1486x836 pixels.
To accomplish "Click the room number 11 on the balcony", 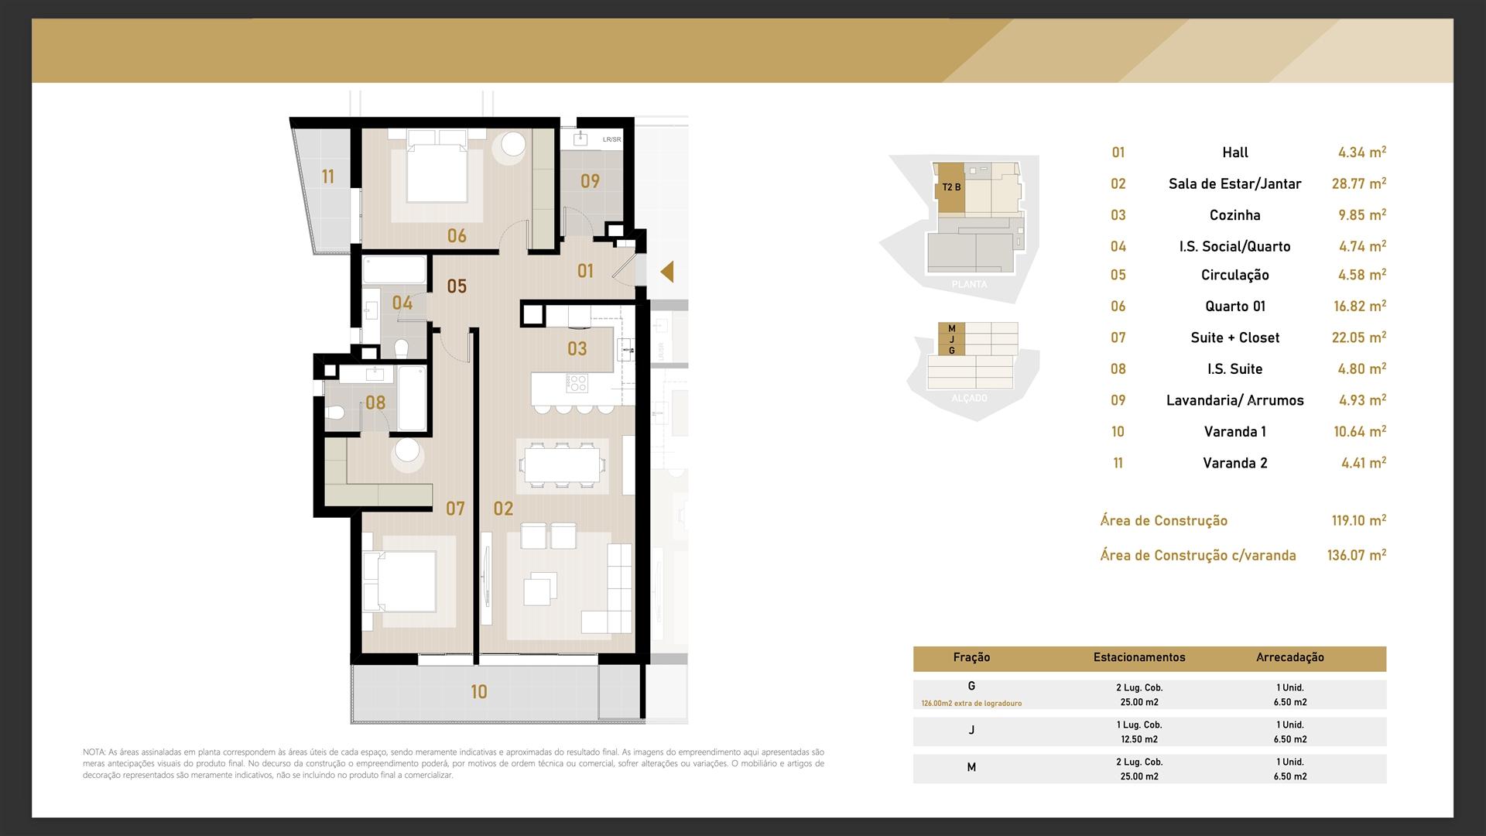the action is pos(328,177).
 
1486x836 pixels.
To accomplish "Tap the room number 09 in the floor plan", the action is pos(590,181).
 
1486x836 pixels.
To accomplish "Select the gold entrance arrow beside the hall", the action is pos(666,272).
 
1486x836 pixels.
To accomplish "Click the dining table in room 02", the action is pos(562,466).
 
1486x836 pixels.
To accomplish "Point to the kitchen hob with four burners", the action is pos(577,382).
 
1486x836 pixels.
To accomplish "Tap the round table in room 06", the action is pos(512,146).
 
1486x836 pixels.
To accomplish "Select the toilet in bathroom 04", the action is pos(402,348).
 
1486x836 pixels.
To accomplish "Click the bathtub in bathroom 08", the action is pos(412,398).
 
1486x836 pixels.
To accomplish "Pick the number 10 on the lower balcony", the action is pos(479,692).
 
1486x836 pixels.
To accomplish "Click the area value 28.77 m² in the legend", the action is pos(1359,183).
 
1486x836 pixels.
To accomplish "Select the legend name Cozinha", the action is pos(1235,215).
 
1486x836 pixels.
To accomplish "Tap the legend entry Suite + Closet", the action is pos(1235,337).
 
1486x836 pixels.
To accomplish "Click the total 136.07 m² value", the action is pos(1357,555).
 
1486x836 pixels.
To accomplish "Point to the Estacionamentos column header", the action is pos(1139,657).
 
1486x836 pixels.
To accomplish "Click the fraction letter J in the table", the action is pos(971,730).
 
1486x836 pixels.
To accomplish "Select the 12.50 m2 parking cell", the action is pos(1139,739).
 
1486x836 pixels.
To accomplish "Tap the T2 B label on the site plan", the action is pos(951,187).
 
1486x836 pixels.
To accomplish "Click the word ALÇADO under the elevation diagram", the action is pos(969,398).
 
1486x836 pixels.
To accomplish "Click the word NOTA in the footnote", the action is pos(94,752).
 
